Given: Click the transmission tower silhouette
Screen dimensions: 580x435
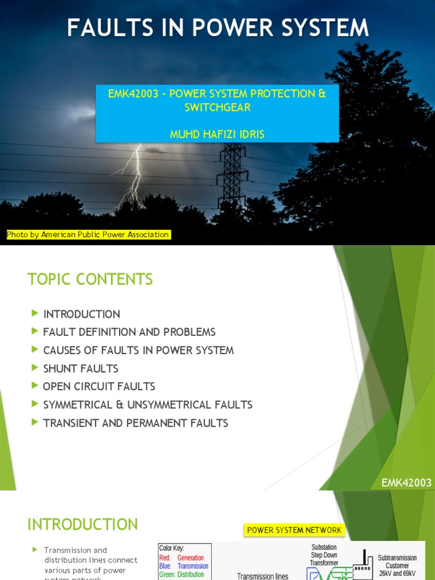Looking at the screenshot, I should (x=232, y=170).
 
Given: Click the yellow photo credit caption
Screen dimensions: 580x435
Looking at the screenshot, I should (x=88, y=234).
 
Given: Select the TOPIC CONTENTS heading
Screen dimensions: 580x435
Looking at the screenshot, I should (x=90, y=279).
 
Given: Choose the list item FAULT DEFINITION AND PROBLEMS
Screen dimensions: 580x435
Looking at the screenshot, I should (x=129, y=332).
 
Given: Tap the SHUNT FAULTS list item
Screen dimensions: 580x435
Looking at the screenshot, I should (x=81, y=368).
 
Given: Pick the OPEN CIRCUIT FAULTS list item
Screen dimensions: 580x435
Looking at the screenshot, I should (x=99, y=386).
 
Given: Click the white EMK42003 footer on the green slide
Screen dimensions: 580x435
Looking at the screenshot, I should (x=406, y=483).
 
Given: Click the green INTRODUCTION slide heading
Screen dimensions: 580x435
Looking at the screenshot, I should (x=83, y=524).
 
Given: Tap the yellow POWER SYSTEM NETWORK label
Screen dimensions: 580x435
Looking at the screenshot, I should (x=294, y=530).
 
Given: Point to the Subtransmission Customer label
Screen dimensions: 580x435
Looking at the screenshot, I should (x=397, y=562).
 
